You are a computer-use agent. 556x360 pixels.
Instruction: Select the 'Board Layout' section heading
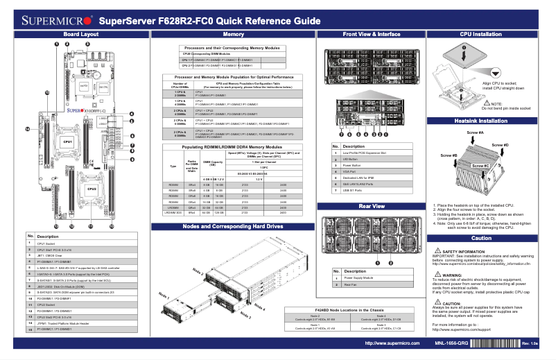[80, 34]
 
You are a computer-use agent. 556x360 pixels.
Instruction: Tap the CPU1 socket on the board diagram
[68, 142]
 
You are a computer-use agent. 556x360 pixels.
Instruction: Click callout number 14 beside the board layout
[27, 128]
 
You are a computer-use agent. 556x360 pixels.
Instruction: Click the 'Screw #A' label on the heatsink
[476, 132]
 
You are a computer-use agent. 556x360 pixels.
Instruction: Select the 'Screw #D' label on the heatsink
[501, 145]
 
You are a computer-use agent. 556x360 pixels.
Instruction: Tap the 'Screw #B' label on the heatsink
[449, 155]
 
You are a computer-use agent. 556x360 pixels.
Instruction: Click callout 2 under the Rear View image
[387, 262]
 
